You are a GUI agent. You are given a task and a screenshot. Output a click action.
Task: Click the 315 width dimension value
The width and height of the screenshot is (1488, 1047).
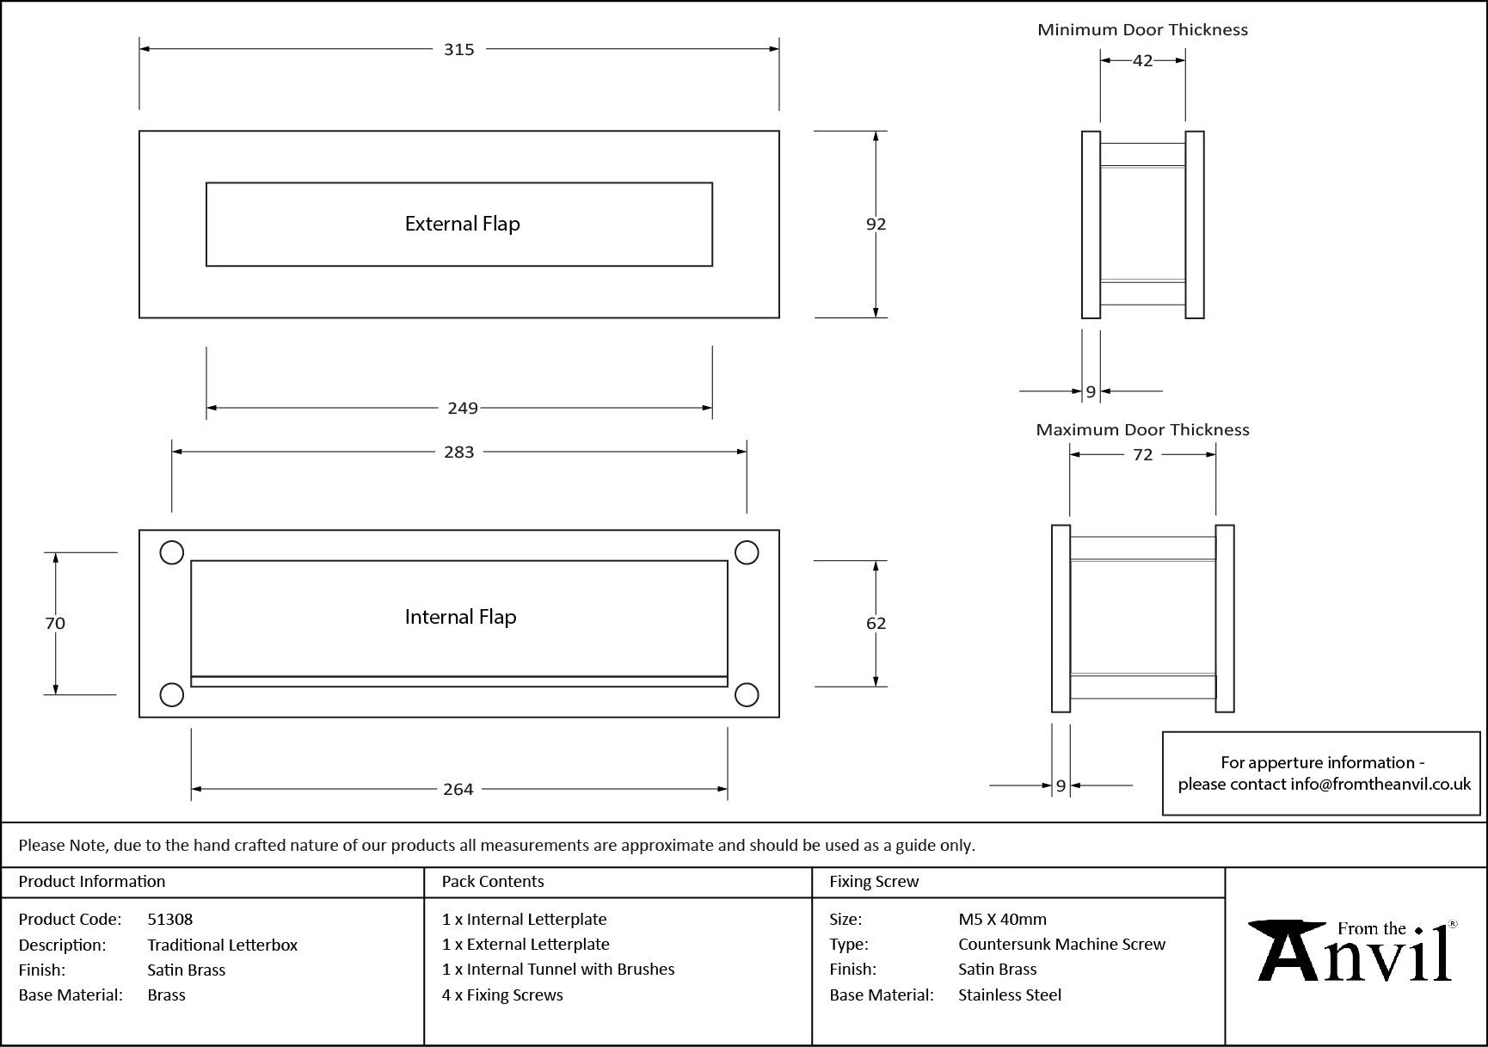pos(458,50)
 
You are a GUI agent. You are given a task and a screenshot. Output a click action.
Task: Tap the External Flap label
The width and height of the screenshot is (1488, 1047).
pos(462,224)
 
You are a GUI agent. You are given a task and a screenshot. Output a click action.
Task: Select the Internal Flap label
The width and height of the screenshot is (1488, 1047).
pos(460,617)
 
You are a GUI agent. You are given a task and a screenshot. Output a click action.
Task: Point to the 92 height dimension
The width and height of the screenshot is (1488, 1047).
pos(876,224)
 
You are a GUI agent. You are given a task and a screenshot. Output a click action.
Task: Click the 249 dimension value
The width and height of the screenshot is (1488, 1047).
pos(462,408)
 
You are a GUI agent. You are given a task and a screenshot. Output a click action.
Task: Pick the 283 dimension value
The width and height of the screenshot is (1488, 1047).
pos(458,452)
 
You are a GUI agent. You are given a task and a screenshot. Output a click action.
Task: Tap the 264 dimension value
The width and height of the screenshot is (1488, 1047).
pos(458,789)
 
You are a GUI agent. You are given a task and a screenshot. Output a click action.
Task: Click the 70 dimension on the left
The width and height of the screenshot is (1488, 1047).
pos(55,623)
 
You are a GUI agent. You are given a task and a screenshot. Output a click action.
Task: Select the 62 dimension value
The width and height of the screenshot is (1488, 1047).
pos(876,623)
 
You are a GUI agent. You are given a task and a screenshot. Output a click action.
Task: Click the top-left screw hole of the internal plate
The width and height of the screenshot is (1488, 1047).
pos(172,552)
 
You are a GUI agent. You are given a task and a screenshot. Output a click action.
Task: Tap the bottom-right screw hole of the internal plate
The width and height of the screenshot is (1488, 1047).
pos(747,694)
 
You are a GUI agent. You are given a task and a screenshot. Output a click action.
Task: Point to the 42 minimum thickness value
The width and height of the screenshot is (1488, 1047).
pos(1142,60)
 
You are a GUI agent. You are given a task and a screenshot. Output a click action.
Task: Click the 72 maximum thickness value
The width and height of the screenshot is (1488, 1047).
pos(1142,454)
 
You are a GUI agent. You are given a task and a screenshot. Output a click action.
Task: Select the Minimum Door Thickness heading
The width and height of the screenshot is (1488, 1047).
pos(1142,30)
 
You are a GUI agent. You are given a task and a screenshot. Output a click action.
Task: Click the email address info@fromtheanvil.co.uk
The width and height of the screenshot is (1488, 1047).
pos(1380,784)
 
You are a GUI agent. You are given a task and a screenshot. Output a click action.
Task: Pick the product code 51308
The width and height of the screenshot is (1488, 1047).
pos(170,919)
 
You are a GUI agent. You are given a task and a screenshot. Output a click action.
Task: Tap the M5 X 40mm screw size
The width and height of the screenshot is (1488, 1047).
pos(1002,919)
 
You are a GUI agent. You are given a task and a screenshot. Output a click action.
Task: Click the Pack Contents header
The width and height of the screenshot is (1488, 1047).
pos(493,881)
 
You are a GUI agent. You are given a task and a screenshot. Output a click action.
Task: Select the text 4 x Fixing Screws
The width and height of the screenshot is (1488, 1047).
pos(502,995)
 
